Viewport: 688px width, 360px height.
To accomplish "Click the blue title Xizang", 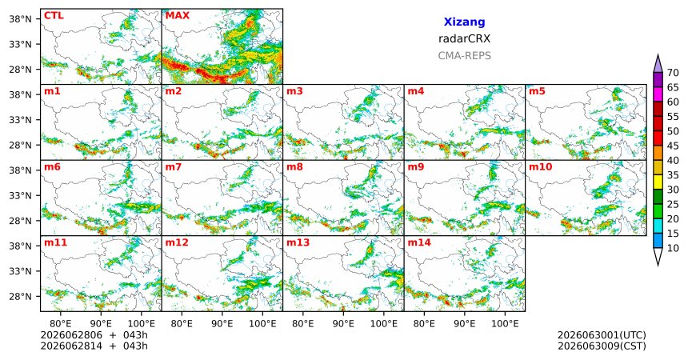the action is pos(464,22).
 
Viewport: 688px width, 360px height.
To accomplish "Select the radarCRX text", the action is pos(464,38).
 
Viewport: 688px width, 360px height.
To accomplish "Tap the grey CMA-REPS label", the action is pos(464,56).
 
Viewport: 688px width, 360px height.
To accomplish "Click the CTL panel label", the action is pos(54,16).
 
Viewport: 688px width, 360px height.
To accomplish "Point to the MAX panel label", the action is pos(178,16).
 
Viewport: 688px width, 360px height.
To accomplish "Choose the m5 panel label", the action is pos(537,91).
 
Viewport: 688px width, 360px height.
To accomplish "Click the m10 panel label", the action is pos(540,167).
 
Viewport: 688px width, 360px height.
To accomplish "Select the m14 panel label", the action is pos(419,242).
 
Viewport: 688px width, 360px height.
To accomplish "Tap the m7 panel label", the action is pos(174,167).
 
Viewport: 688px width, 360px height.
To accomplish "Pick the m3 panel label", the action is pos(294,91).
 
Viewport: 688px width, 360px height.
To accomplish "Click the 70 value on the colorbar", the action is pos(673,73).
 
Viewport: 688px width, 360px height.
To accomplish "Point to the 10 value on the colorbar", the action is pos(673,249).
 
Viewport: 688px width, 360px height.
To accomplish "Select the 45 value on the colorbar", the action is pos(673,146).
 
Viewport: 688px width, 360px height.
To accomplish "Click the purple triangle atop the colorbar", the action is pos(658,64).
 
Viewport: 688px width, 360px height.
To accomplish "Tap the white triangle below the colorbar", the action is pos(658,255).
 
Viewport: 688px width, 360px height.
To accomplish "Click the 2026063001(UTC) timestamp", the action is pos(602,335).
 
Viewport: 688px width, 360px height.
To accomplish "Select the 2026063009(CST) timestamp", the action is pos(602,346).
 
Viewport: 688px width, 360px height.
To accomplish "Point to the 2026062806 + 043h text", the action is pos(94,335).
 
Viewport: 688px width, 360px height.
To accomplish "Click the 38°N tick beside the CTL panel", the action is pos(20,19).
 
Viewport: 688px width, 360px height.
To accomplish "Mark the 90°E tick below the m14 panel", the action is pos(464,324).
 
